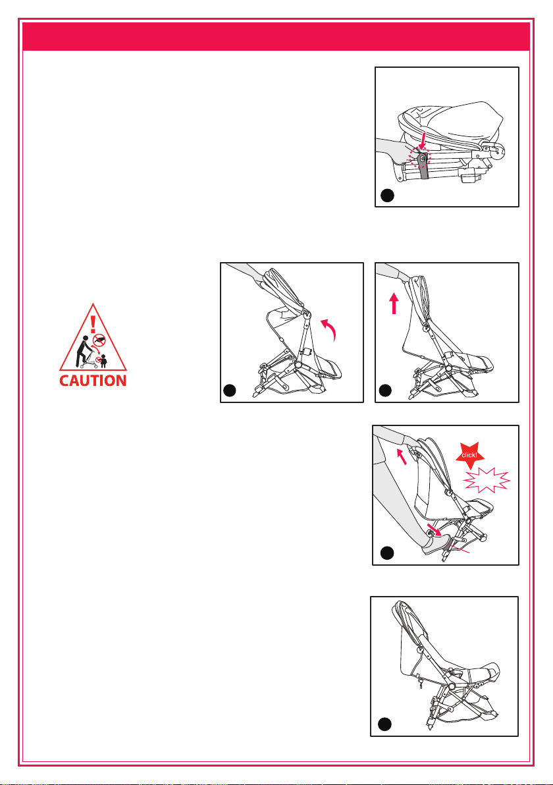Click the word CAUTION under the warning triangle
pyautogui.click(x=93, y=381)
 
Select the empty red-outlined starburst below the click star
pyautogui.click(x=487, y=481)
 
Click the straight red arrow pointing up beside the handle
pyautogui.click(x=394, y=304)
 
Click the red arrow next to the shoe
pyautogui.click(x=433, y=529)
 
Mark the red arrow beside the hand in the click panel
pyautogui.click(x=402, y=456)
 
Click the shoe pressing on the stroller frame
pyautogui.click(x=436, y=544)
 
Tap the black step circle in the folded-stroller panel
pyautogui.click(x=387, y=196)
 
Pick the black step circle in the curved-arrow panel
pyautogui.click(x=229, y=391)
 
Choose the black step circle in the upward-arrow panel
pyautogui.click(x=385, y=390)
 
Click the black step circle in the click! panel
pyautogui.click(x=387, y=553)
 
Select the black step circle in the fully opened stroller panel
pyautogui.click(x=384, y=724)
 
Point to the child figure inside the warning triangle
pyautogui.click(x=103, y=361)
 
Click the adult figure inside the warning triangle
pyautogui.click(x=82, y=352)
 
